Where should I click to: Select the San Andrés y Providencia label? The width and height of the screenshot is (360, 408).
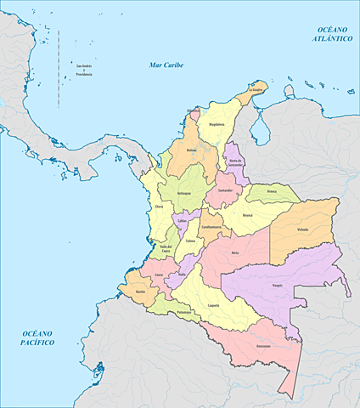coord(83,71)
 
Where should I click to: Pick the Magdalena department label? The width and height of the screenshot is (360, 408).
coord(216,124)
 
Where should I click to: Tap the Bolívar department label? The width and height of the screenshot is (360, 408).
coord(191,150)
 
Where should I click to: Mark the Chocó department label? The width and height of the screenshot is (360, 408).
coord(159,207)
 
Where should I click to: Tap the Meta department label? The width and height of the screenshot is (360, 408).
coord(235,253)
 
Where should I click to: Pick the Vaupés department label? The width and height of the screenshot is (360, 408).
coord(277,285)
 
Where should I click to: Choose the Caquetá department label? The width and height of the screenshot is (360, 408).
coord(214,305)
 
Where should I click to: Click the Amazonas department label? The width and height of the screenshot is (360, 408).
coord(262,347)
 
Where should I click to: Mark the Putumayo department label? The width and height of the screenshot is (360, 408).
coord(185,313)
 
